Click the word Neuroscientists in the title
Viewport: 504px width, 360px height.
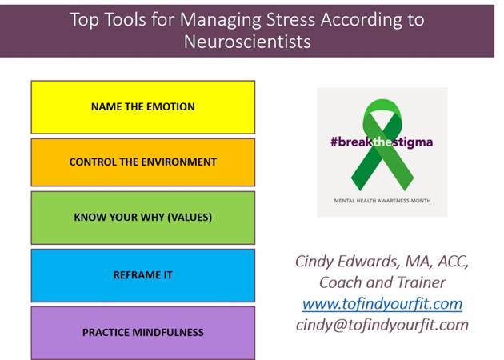tap(247, 42)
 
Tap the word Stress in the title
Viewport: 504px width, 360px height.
tap(290, 20)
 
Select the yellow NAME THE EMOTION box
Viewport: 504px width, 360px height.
tap(143, 107)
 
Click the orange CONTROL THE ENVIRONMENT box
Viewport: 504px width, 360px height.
tap(143, 162)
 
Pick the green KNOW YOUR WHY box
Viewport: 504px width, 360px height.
tap(143, 218)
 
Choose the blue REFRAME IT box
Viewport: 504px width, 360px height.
tap(143, 275)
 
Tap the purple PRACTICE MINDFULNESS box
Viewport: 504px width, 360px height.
tap(143, 333)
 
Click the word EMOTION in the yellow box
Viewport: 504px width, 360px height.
tap(170, 106)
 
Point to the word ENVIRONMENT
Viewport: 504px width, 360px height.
tap(179, 162)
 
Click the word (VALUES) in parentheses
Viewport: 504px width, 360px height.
tap(190, 218)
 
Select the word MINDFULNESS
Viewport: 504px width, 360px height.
tap(168, 332)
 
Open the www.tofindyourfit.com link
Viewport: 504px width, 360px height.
tap(382, 304)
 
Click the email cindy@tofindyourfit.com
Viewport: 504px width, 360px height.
tap(382, 325)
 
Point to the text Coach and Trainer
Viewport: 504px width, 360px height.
tap(382, 282)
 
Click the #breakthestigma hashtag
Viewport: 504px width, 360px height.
tap(382, 142)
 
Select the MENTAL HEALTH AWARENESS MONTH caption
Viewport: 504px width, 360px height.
tap(382, 201)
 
